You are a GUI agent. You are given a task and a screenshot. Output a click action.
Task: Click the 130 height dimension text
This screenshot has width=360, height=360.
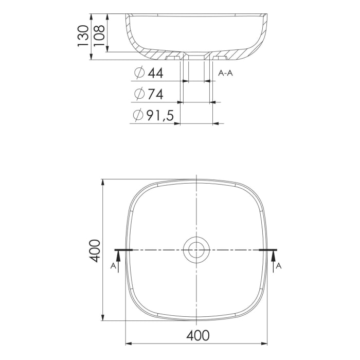point(83,37)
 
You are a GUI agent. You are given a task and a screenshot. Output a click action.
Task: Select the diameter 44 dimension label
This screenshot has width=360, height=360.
point(149,74)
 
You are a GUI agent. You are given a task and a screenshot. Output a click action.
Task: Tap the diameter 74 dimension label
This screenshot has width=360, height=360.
point(149,95)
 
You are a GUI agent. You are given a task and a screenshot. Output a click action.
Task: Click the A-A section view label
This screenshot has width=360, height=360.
point(226,74)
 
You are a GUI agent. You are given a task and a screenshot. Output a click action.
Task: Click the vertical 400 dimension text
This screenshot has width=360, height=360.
point(94,250)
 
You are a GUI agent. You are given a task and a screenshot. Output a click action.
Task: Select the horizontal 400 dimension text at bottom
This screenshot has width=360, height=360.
point(197,335)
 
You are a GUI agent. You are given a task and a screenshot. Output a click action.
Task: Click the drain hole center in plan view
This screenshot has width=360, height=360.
point(196,250)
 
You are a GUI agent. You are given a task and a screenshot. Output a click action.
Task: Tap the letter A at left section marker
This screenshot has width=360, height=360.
point(113,266)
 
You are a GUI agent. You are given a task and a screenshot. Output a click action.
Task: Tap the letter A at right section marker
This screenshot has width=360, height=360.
point(279,266)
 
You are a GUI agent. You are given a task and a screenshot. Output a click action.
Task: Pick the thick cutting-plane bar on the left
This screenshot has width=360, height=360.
point(123,250)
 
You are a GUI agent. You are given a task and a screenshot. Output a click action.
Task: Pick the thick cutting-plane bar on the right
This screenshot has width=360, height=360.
point(268,250)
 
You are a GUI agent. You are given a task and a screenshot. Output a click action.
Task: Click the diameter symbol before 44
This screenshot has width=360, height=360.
point(138,74)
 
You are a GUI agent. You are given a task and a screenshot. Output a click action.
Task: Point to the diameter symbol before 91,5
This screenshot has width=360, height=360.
point(138,116)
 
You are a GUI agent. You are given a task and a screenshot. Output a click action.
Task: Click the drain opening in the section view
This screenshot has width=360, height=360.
point(196,56)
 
